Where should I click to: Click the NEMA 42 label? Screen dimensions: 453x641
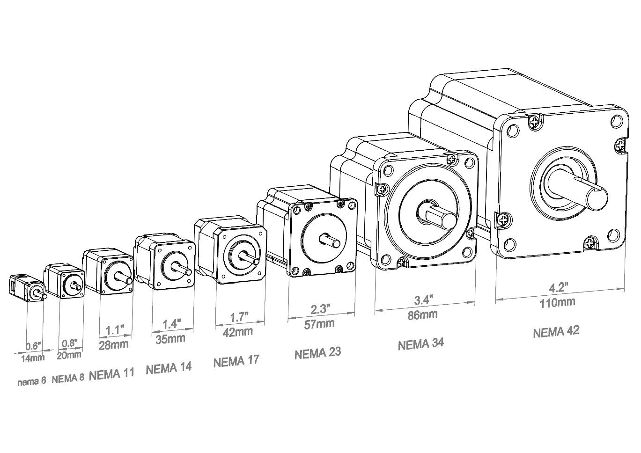point(556,331)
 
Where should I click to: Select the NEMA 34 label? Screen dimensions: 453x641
point(420,344)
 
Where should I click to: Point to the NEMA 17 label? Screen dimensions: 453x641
point(236,361)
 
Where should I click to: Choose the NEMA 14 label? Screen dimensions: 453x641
point(169,368)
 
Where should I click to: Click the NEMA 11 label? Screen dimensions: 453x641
point(111,374)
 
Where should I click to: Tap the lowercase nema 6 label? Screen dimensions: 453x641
point(31,381)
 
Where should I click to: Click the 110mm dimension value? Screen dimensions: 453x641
point(557,302)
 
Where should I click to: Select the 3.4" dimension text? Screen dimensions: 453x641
point(424,299)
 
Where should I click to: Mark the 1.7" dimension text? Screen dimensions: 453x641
point(239,317)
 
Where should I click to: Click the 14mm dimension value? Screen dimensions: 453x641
point(32,358)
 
